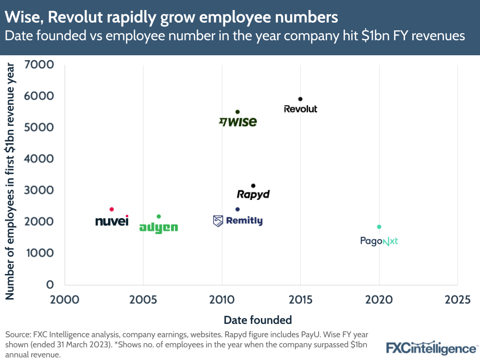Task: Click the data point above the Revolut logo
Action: pyautogui.click(x=300, y=99)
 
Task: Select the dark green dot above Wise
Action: pyautogui.click(x=237, y=112)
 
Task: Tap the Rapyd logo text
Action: pyautogui.click(x=253, y=194)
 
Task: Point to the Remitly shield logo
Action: pyautogui.click(x=218, y=221)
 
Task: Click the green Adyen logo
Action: pyautogui.click(x=158, y=227)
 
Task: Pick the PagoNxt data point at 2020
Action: pyautogui.click(x=379, y=227)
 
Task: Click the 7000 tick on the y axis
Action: pyautogui.click(x=43, y=64)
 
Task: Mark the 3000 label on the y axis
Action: pyautogui.click(x=43, y=190)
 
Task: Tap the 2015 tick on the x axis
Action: pyautogui.click(x=300, y=300)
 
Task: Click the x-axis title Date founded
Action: pyautogui.click(x=258, y=320)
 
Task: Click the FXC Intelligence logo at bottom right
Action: pyautogui.click(x=432, y=348)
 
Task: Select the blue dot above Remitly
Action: pyautogui.click(x=237, y=209)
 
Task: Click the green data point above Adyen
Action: pyautogui.click(x=159, y=216)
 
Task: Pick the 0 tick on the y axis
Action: pyautogui.click(x=49, y=285)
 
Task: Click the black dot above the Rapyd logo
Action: pyautogui.click(x=253, y=186)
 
